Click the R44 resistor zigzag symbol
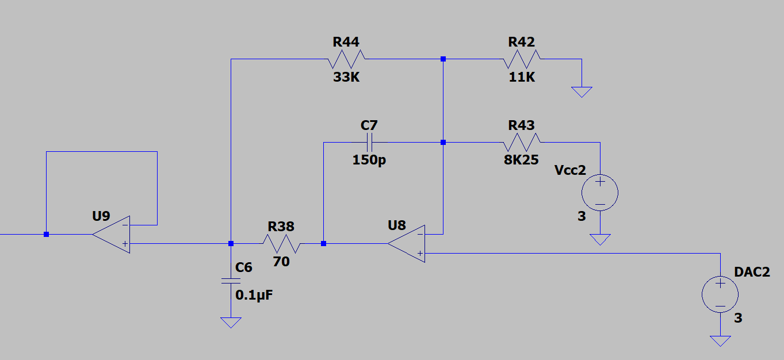[346, 59]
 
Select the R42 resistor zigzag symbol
[522, 59]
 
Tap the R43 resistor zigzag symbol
[522, 143]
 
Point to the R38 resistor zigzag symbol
[282, 243]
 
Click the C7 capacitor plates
[369, 143]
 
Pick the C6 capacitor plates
[231, 281]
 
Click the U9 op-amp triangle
[111, 235]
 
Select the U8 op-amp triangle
[406, 244]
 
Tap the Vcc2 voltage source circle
[600, 193]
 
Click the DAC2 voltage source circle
[720, 294]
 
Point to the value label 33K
[346, 77]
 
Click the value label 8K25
[521, 160]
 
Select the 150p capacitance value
[369, 160]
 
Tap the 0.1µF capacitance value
[254, 295]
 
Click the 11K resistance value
[522, 77]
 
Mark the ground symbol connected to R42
[582, 92]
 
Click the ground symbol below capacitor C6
[231, 323]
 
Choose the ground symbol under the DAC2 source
[720, 341]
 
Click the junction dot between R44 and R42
[443, 59]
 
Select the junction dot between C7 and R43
[443, 143]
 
